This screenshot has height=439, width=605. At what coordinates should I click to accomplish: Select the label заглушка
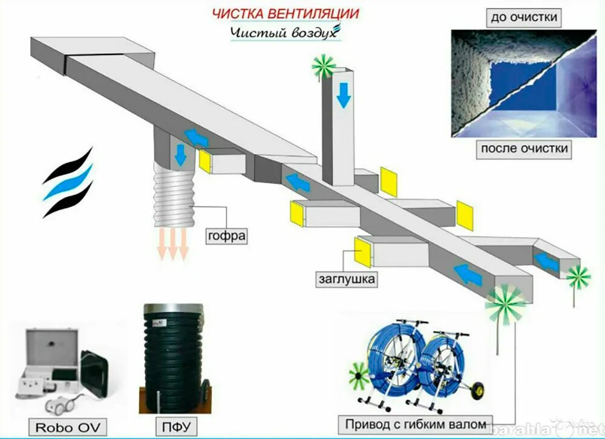(x=347, y=279)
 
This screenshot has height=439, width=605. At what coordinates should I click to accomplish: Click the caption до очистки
(x=523, y=18)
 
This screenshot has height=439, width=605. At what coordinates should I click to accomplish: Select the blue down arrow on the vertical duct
(x=344, y=94)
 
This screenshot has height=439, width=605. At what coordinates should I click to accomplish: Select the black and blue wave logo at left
(x=68, y=181)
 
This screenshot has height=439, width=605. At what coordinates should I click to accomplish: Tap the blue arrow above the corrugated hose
(x=180, y=155)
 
